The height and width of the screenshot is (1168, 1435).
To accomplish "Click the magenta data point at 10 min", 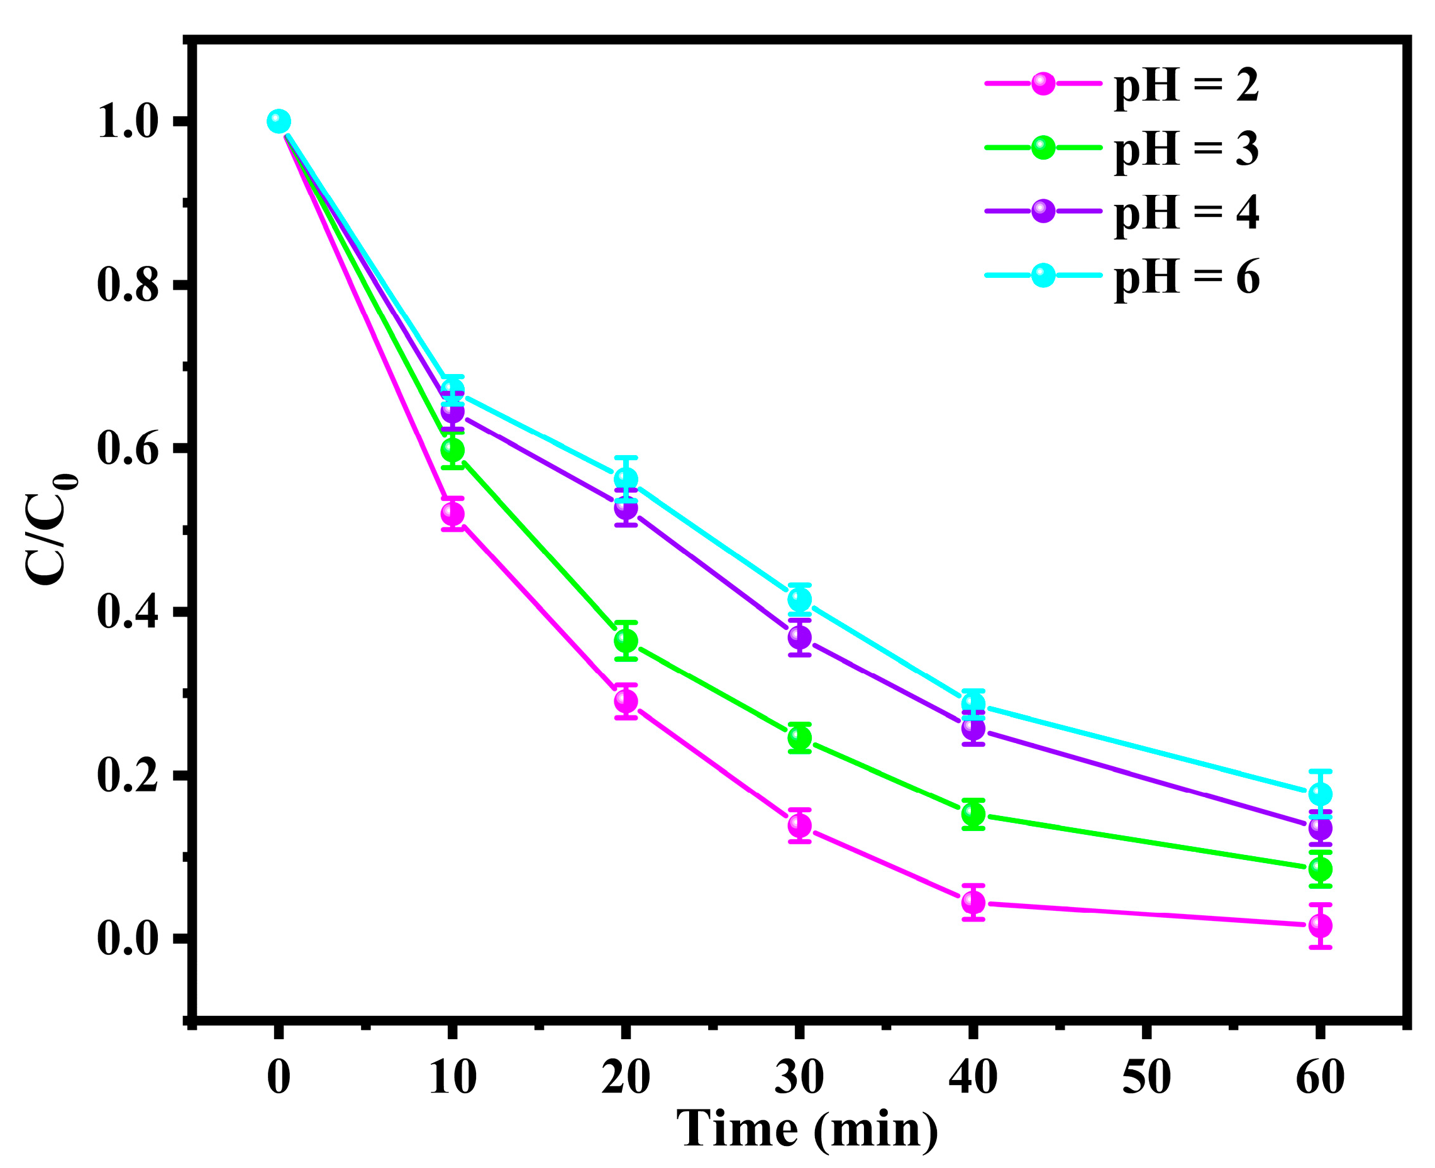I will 452,514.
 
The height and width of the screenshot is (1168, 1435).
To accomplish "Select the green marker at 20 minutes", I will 626,641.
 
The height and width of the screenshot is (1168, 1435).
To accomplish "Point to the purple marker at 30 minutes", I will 800,636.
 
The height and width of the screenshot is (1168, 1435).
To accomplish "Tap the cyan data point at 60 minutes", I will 1320,794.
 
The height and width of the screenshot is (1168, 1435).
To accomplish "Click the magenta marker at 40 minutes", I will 973,902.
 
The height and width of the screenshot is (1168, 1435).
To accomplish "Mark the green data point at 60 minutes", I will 1320,869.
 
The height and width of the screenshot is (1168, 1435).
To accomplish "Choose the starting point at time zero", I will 279,122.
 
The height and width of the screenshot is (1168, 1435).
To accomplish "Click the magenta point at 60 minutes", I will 1320,926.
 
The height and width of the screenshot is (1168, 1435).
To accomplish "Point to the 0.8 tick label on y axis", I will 128,285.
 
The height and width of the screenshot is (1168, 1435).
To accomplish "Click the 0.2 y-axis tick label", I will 128,776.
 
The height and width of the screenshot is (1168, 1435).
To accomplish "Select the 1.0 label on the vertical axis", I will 128,122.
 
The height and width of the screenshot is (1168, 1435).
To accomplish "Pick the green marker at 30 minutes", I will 800,738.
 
